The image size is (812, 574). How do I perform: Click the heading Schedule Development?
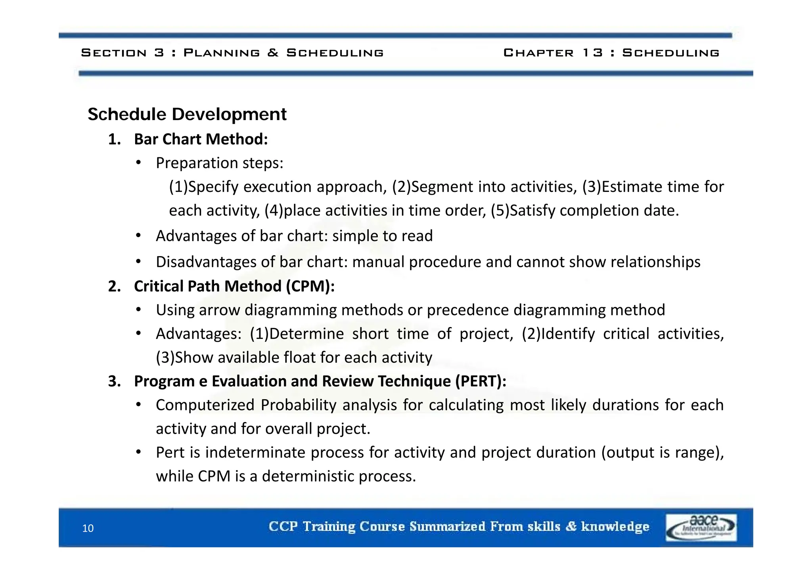click(x=187, y=115)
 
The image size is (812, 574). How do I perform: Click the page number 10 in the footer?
click(x=88, y=528)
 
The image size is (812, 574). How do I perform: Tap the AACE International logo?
click(x=701, y=527)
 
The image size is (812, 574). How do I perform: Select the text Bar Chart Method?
click(x=201, y=140)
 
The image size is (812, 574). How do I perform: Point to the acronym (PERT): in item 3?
click(x=481, y=381)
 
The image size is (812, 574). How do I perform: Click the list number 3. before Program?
click(x=114, y=381)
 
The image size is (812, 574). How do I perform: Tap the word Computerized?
click(x=205, y=405)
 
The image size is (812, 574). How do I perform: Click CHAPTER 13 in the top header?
click(x=553, y=53)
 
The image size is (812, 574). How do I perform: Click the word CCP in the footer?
click(x=283, y=526)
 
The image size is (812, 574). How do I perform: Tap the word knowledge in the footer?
click(x=615, y=526)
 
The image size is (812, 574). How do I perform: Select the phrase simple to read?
click(x=382, y=236)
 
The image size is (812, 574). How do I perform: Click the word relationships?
click(x=655, y=262)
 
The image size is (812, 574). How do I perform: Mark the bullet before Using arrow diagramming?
click(x=138, y=310)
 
